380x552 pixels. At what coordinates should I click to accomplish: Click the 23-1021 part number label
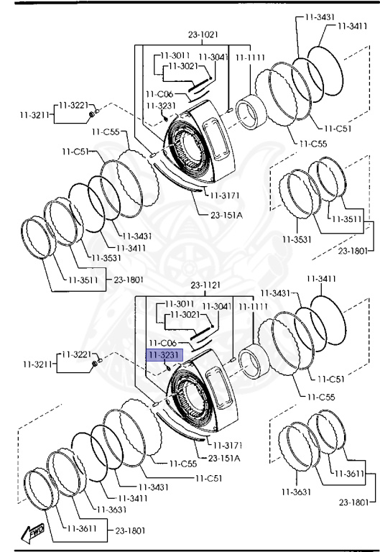point(203,34)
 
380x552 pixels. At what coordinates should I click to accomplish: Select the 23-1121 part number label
point(205,285)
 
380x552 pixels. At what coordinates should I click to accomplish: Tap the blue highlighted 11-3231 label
point(164,355)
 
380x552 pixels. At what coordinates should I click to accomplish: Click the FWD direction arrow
point(33,533)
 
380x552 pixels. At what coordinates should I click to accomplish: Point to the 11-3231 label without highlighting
point(161,106)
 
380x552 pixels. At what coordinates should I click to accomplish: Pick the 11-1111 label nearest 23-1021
point(250,57)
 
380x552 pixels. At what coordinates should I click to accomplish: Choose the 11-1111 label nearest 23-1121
point(253,307)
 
